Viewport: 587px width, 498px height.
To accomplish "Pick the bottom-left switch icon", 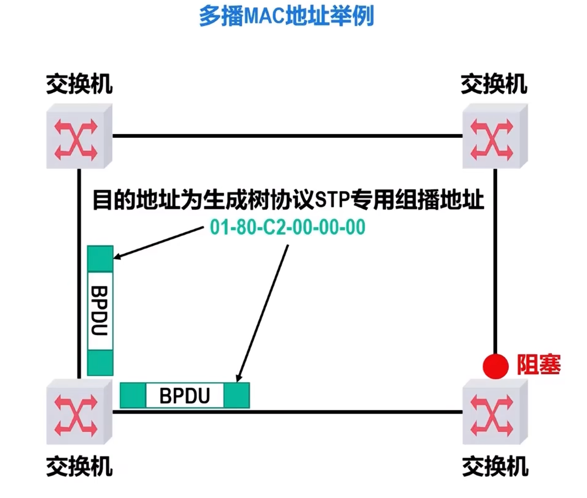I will tap(79, 412).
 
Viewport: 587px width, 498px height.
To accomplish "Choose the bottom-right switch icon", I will tap(494, 412).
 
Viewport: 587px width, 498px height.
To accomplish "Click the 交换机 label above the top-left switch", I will tap(79, 84).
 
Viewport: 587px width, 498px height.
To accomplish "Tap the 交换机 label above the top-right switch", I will tap(494, 84).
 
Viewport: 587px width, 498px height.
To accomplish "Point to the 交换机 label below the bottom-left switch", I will tap(79, 466).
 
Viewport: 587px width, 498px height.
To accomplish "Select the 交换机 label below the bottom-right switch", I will tap(495, 466).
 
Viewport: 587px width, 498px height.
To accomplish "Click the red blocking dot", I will tap(495, 366).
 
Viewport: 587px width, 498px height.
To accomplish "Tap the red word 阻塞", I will tap(539, 364).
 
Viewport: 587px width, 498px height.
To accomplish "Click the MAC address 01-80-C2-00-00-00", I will tap(288, 227).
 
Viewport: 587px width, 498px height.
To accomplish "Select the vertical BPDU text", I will tap(100, 310).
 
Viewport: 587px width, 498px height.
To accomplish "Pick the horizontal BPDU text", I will tap(185, 396).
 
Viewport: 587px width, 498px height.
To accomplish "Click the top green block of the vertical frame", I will tap(100, 259).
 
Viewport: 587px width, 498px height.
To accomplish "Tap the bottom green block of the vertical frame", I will tap(100, 363).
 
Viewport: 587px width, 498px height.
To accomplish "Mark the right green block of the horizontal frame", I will tap(236, 396).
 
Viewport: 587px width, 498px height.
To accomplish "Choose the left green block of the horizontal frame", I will tap(133, 396).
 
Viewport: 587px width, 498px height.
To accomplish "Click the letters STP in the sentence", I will tap(332, 200).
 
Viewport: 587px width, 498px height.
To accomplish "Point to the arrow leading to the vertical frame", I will tap(158, 242).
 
